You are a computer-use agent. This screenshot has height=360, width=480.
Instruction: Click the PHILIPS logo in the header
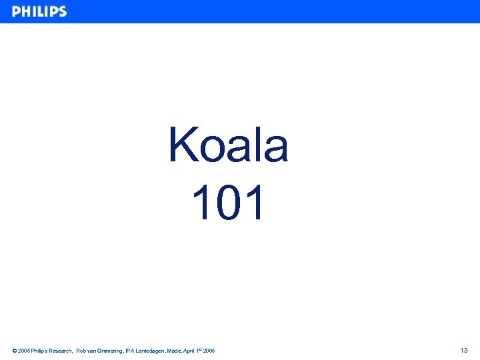pos(39,12)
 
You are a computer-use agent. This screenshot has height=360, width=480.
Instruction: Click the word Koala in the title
pos(228,145)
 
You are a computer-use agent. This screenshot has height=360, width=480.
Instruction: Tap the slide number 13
pos(464,351)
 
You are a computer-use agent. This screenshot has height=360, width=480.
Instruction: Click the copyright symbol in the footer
pos(15,351)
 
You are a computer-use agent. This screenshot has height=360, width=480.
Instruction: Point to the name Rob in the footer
pos(81,351)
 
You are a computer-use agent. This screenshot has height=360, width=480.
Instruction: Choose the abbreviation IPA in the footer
pos(129,351)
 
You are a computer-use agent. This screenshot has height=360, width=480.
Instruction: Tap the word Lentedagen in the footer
pos(151,351)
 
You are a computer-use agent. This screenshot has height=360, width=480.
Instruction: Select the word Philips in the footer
pos(39,351)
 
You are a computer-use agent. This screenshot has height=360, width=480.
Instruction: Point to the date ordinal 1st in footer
pos(198,350)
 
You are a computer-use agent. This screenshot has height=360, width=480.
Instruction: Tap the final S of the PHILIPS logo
pos(62,12)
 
